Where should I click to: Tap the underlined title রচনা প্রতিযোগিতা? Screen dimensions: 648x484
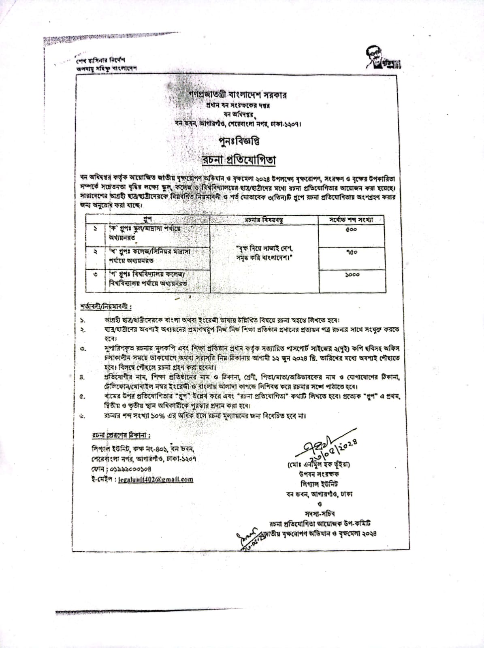click(x=239, y=160)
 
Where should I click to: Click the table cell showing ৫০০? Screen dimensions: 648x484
click(x=351, y=230)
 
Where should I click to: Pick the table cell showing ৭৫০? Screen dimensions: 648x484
click(x=352, y=252)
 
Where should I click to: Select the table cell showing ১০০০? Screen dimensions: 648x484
click(x=352, y=275)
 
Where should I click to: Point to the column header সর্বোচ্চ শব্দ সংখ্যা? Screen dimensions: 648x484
click(x=351, y=220)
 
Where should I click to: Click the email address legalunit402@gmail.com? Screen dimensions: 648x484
click(x=155, y=480)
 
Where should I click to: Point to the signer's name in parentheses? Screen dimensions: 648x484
click(x=319, y=464)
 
